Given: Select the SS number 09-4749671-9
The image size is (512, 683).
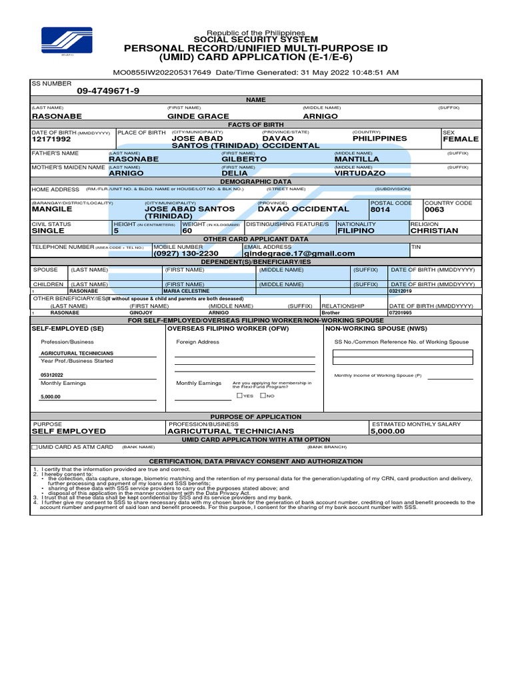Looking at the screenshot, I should pos(108,91).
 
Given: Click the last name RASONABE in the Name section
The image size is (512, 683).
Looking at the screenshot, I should pos(57,116).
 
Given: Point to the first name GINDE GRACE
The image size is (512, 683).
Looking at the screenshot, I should pos(198,116).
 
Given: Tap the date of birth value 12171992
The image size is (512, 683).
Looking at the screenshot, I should pos(51,139).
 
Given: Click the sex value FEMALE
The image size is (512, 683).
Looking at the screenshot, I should pos(461,139).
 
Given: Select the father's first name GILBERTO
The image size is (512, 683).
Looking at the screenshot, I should pos(244,159).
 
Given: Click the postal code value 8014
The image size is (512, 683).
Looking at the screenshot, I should pos(380,209).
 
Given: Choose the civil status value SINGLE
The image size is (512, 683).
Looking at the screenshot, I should pos(49,231).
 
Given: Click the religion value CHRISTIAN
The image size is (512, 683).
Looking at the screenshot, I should pos(434,231).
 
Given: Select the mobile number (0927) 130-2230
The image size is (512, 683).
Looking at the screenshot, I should pos(186,253).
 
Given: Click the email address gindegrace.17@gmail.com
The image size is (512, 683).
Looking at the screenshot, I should pos(299,253).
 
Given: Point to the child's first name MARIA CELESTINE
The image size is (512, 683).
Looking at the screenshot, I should pos(187,291).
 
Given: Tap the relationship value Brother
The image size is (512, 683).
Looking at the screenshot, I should pos(331,312).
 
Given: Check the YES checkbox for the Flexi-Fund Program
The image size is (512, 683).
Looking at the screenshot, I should pos(239,396).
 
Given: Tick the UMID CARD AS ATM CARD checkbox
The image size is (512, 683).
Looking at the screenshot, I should pos(35,447).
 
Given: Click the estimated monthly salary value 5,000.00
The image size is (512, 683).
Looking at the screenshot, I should pos(388,432).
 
